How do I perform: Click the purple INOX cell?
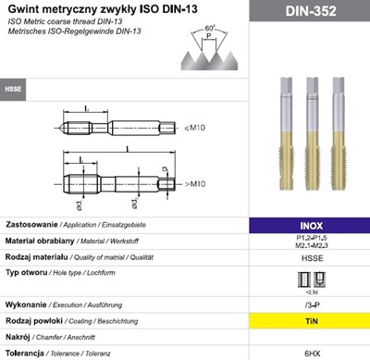pos(311,225)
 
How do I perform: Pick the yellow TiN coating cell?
pos(311,319)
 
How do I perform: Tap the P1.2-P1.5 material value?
pos(311,238)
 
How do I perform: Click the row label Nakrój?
pos(22,337)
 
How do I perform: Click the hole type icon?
pos(311,277)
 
